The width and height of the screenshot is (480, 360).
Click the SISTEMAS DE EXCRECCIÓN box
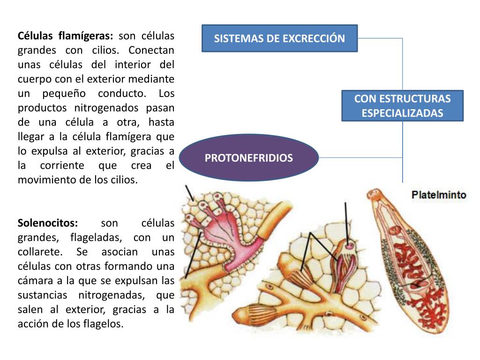[279, 38]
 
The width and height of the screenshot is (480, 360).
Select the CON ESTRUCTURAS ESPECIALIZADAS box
[402, 106]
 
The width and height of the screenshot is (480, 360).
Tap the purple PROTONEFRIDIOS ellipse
[248, 158]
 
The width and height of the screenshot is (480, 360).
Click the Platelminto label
[439, 195]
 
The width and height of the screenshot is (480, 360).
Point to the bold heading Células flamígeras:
[65, 36]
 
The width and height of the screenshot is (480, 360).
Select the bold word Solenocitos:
[48, 223]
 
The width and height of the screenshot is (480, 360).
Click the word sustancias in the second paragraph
[41, 295]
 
